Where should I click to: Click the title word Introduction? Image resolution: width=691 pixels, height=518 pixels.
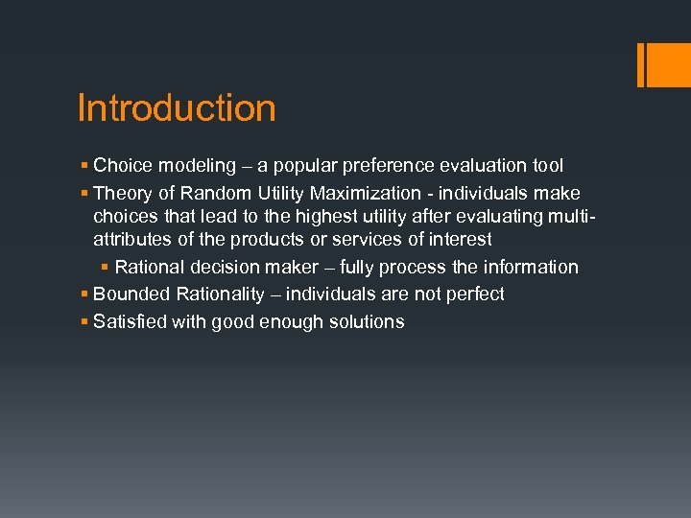tap(177, 108)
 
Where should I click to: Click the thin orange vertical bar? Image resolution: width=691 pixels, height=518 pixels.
tap(641, 64)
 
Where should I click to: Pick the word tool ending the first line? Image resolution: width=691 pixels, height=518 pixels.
tap(547, 166)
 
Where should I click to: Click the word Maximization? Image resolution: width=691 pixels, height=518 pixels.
tap(365, 193)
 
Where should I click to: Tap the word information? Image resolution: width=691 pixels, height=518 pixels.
tap(532, 267)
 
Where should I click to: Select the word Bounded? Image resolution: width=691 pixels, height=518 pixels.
tap(130, 294)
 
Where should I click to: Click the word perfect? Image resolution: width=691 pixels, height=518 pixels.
tap(469, 294)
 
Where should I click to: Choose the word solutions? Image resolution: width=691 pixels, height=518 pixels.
tap(367, 321)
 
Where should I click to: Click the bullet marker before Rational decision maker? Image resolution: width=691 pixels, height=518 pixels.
tap(105, 267)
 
